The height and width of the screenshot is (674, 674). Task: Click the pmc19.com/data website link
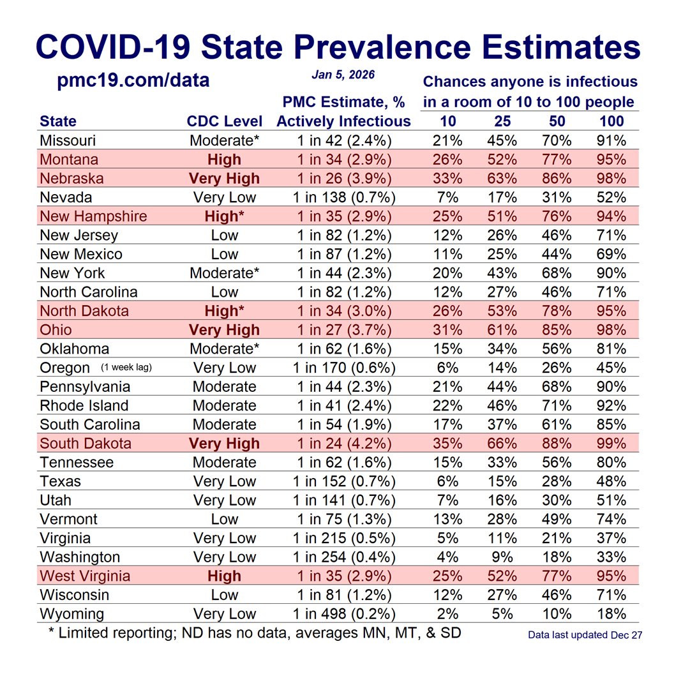(x=133, y=81)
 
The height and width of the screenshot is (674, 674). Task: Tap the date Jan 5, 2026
(x=343, y=75)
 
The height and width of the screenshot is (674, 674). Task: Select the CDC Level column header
(x=224, y=121)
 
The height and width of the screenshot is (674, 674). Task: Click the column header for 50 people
(x=557, y=121)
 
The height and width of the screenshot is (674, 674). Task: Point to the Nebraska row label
(x=72, y=178)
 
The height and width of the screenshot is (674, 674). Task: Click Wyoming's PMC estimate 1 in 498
(x=344, y=614)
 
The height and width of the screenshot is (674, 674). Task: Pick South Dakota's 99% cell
(x=611, y=444)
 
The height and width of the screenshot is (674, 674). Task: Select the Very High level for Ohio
(x=224, y=330)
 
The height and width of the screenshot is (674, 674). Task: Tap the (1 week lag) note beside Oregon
(x=126, y=367)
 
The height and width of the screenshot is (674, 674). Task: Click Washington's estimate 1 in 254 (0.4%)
(x=344, y=557)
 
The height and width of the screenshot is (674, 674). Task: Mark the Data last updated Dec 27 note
(x=585, y=635)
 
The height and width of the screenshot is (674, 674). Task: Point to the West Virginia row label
(x=85, y=576)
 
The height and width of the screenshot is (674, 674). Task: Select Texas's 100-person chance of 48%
(x=611, y=481)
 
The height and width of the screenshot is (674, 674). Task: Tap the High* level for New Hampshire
(x=224, y=216)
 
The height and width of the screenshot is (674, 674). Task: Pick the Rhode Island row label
(x=84, y=405)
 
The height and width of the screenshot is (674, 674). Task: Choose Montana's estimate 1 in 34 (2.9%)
(x=344, y=160)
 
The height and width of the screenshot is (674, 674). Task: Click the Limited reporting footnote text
(x=255, y=633)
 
